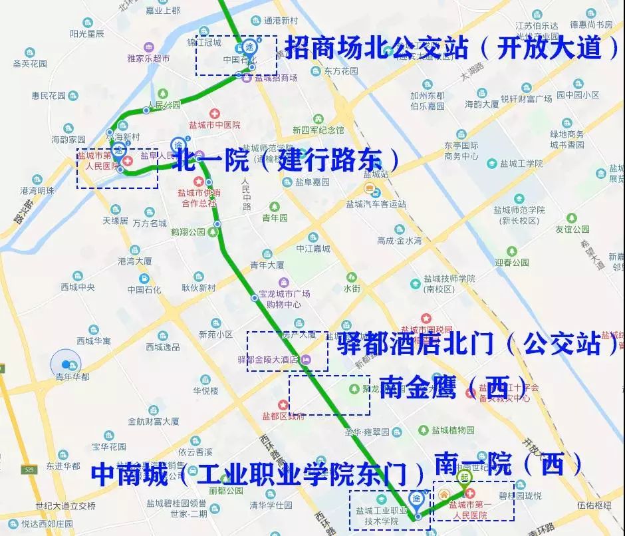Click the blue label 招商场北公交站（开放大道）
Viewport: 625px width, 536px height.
pos(452,48)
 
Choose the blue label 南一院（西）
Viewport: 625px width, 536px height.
pos(508,464)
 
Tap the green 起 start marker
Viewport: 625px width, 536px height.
pos(464,477)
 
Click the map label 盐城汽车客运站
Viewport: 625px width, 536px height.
pos(376,204)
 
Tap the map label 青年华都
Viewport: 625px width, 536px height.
pos(72,376)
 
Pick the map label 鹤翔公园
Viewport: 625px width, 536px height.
pos(188,232)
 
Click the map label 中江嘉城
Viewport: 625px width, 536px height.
pos(313,249)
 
